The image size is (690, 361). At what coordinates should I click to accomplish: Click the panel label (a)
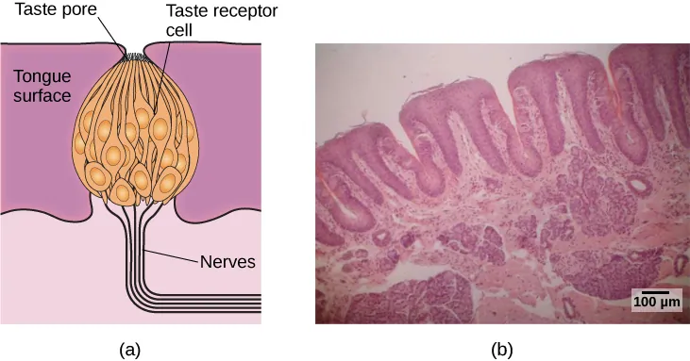click(129, 350)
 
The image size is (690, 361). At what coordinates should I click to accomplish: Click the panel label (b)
click(501, 350)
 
